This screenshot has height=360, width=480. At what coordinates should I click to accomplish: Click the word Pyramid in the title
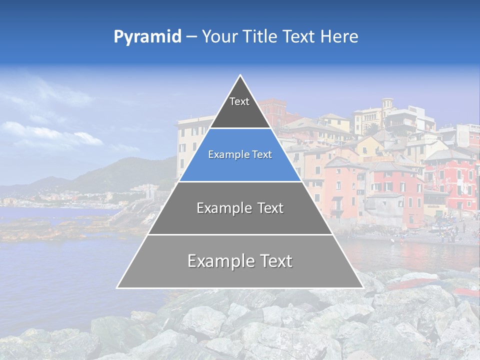pos(147,37)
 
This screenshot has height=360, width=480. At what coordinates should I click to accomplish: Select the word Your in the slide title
pos(219,37)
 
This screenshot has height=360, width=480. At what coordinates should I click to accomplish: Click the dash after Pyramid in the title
pos(191,37)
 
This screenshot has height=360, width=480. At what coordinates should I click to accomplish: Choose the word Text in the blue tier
pos(262,155)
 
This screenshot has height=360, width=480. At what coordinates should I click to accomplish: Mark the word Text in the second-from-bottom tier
pos(270,208)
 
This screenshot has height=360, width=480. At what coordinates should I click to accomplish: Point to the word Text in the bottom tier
pos(276,261)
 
